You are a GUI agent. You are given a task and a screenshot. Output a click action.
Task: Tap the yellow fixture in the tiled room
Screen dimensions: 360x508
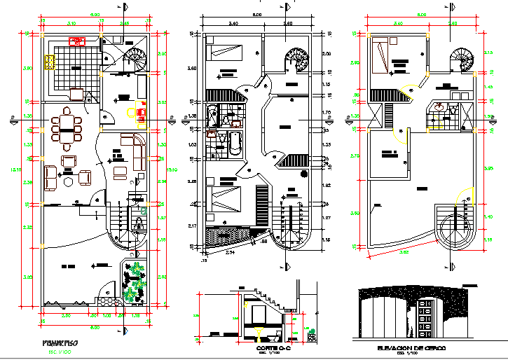click(50, 62)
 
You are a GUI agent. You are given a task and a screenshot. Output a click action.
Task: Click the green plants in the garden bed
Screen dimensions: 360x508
click(133, 281)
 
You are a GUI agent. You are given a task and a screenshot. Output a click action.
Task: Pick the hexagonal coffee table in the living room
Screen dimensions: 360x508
click(69, 180)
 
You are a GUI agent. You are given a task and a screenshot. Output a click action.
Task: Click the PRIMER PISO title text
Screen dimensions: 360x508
click(59, 342)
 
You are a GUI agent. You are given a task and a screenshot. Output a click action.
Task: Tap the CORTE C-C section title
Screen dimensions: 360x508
click(270, 347)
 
